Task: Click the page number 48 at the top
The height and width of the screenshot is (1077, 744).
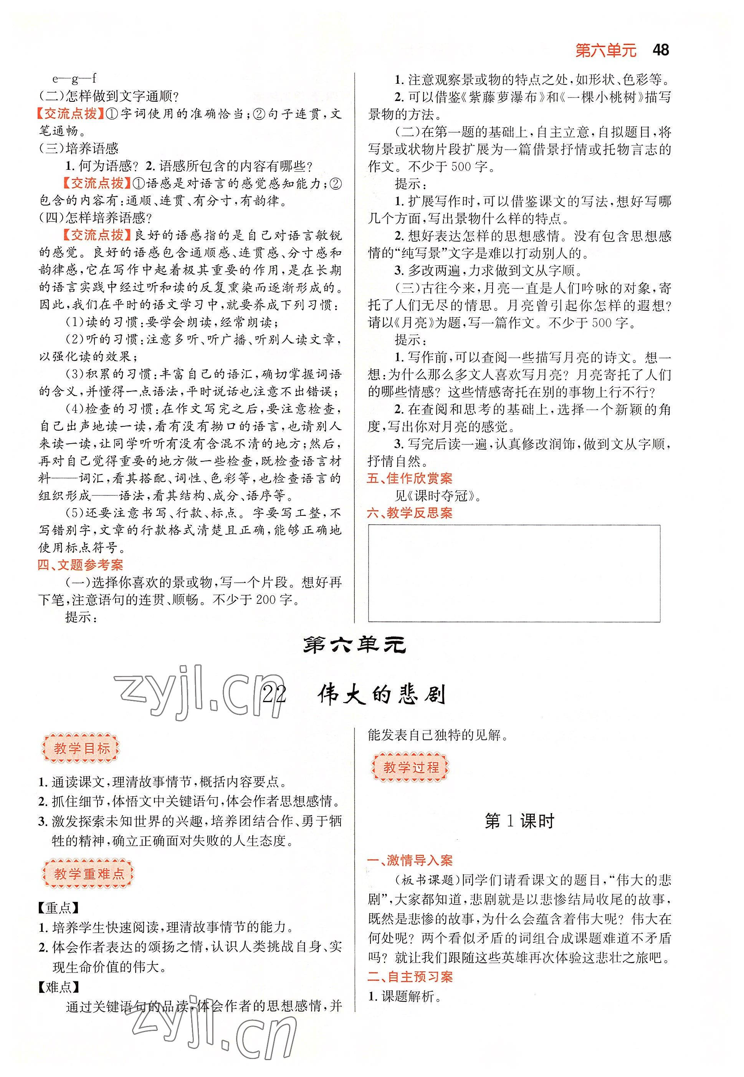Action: pos(661,50)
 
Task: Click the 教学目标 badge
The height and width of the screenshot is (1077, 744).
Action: pos(81,749)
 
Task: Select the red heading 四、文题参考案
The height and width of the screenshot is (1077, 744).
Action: pos(81,565)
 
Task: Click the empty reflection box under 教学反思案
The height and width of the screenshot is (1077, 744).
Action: pos(514,573)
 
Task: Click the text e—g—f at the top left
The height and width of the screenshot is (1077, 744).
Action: pos(74,78)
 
